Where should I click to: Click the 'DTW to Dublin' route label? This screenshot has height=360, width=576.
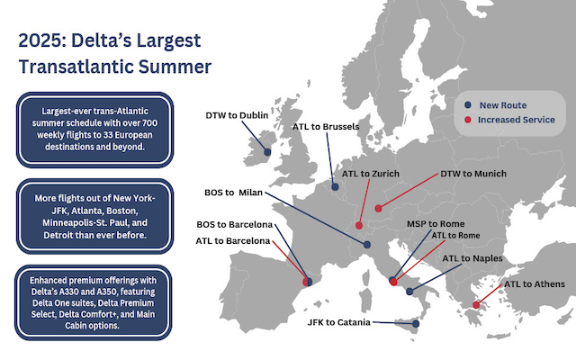pos(237,114)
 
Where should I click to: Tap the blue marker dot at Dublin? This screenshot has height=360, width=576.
pos(267,151)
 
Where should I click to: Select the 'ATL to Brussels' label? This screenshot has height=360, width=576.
pos(326,127)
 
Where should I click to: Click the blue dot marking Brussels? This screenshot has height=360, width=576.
pos(336,187)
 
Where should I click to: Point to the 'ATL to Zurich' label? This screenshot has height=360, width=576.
pos(370,172)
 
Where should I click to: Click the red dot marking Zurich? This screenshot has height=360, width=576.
pos(359,226)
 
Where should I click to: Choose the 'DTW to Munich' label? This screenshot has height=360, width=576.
pos(472,173)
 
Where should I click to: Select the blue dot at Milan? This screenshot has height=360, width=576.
pos(367,244)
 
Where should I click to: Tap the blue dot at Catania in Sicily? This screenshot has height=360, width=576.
pos(416,324)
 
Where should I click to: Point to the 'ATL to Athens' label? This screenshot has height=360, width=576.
pos(535,284)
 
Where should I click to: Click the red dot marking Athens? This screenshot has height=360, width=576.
pos(476,304)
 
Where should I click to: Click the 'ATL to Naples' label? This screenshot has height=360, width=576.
pos(472,258)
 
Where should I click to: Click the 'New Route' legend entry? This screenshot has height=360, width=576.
pos(502,104)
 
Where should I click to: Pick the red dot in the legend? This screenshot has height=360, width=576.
pos(468,120)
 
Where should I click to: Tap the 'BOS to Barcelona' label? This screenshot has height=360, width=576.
pos(235,223)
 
